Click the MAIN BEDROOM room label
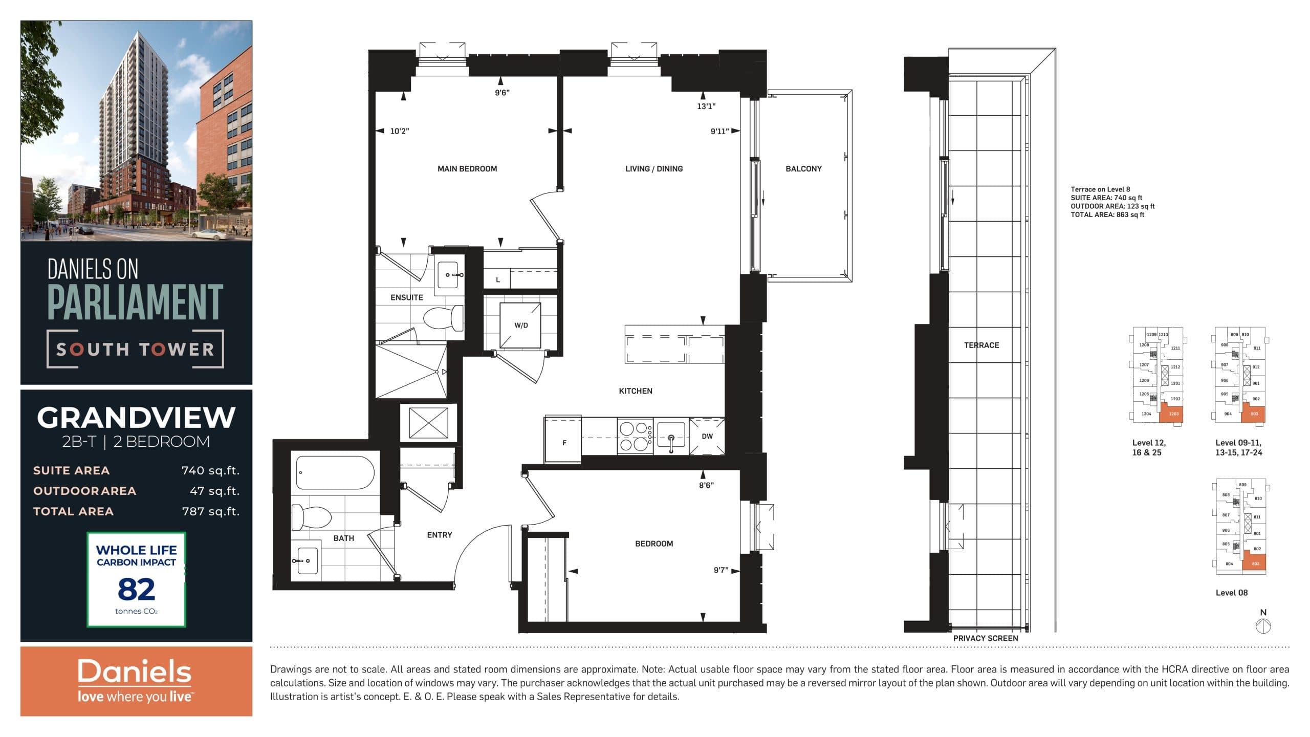(467, 169)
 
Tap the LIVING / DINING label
(653, 169)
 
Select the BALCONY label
(803, 169)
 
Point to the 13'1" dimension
(706, 106)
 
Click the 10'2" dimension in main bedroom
(399, 132)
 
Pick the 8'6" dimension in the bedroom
(706, 485)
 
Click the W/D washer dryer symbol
(520, 326)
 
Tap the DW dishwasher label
(707, 437)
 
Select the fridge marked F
(563, 442)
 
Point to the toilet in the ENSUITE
(443, 318)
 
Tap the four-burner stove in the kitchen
(635, 436)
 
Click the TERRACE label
(981, 345)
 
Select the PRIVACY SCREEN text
(985, 638)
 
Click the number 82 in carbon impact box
(136, 590)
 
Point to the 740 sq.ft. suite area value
(210, 470)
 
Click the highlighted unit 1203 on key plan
(1173, 414)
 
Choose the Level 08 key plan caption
(1231, 593)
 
